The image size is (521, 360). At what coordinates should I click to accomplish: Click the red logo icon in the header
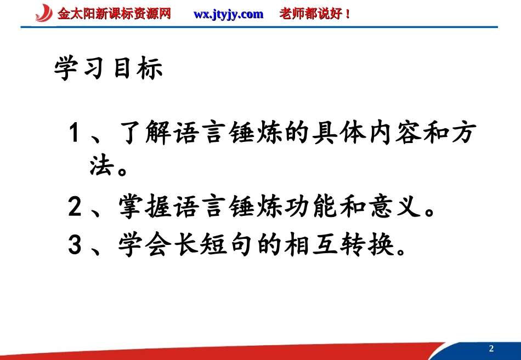(x=44, y=13)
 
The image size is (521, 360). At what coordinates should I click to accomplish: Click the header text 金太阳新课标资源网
(x=114, y=14)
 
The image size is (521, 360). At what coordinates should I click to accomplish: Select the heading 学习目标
(x=109, y=70)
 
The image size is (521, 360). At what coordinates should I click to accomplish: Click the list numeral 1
(x=75, y=134)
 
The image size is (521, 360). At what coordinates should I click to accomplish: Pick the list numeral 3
(x=75, y=245)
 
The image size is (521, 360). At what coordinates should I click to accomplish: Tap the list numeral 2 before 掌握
(x=75, y=208)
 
